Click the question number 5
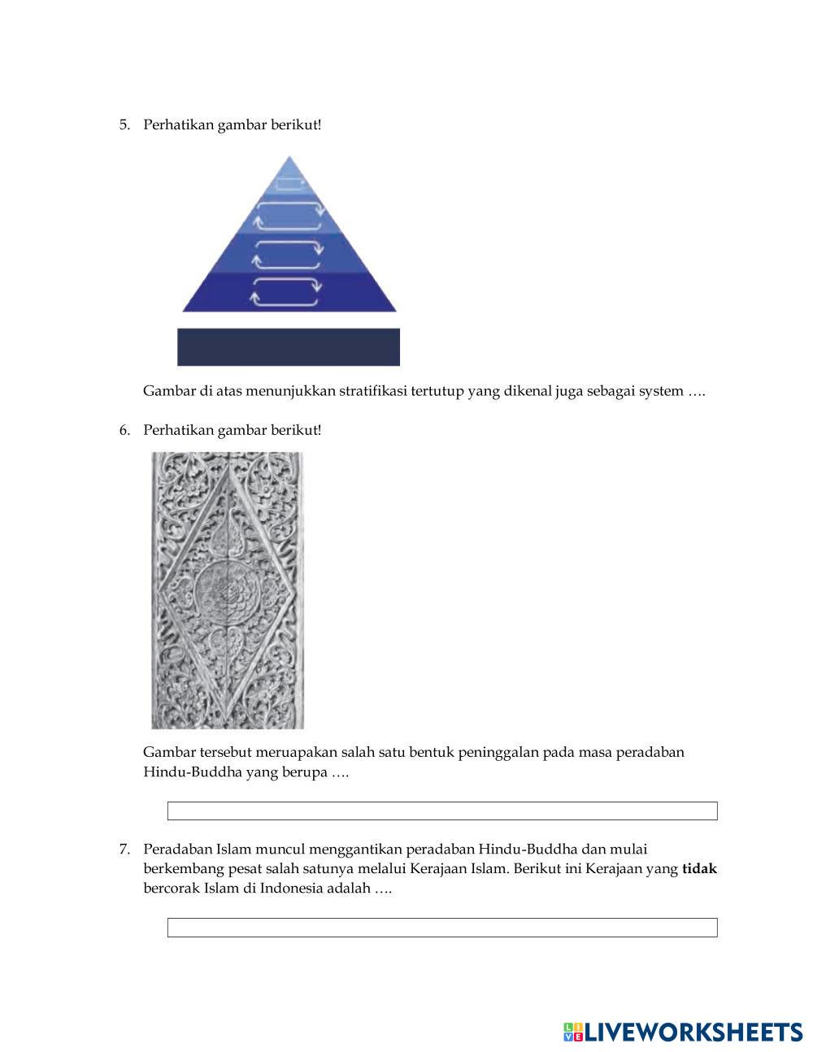tap(124, 124)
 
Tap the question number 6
tap(124, 429)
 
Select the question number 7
tap(124, 850)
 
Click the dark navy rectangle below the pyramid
tap(289, 347)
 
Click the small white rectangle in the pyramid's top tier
tap(289, 184)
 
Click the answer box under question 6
tap(442, 811)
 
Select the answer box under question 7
tap(442, 927)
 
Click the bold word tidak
tap(699, 869)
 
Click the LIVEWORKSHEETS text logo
tap(693, 1032)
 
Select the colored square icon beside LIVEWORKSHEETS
tap(572, 1032)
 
